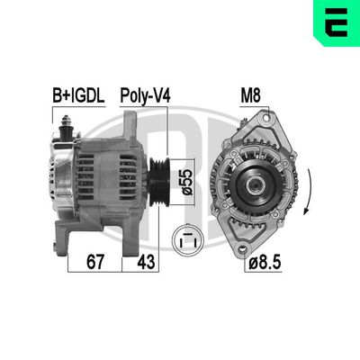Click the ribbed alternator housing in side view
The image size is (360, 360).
(x=106, y=175)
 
